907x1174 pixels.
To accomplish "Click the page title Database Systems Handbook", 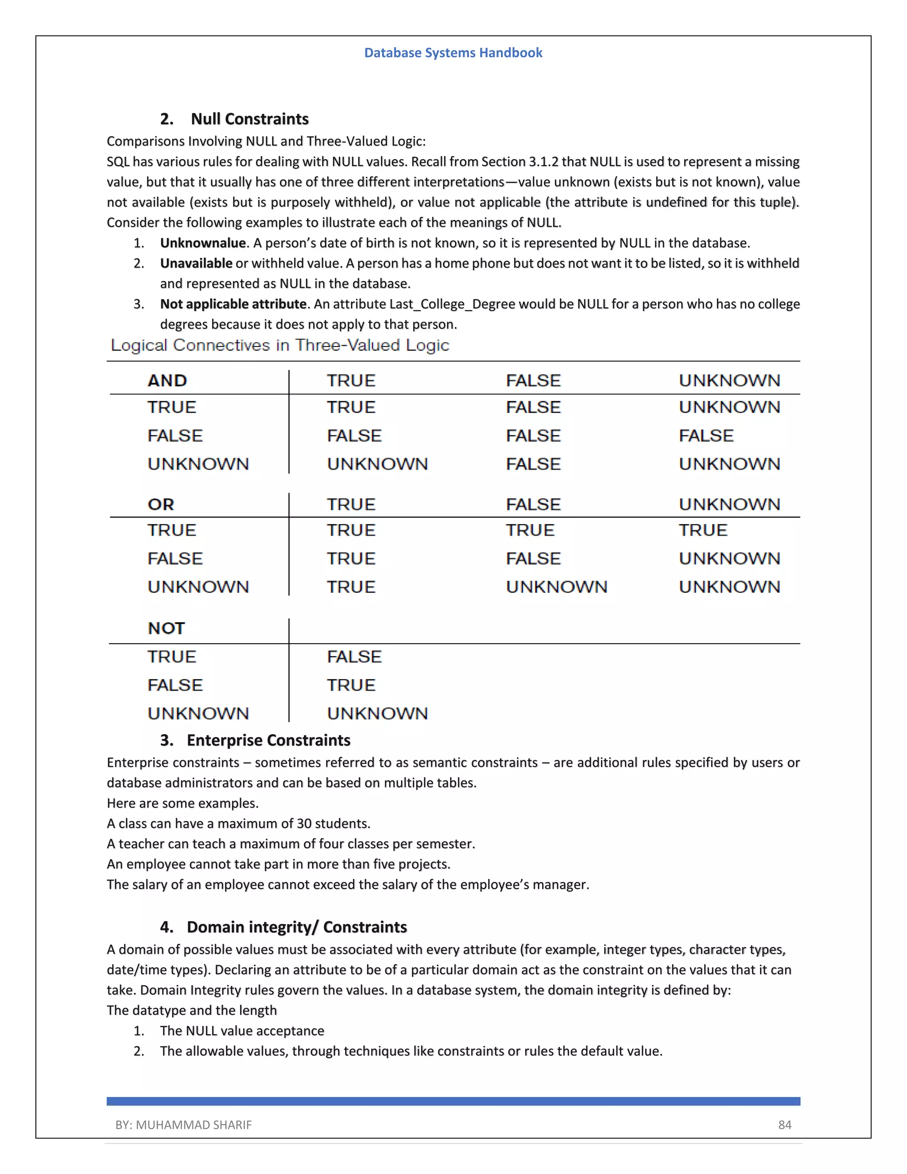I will click(453, 53).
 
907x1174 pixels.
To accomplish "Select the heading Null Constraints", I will click(249, 119).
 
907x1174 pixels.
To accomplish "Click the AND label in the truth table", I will click(167, 381).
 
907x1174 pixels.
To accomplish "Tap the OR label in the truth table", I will click(161, 504).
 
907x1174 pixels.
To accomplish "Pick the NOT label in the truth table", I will click(166, 628).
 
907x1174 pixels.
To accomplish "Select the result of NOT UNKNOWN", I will click(377, 713).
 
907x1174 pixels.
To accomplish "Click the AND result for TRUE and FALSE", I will click(533, 407).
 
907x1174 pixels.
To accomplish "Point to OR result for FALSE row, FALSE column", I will click(533, 559).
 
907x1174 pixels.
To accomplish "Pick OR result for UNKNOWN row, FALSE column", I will click(556, 587).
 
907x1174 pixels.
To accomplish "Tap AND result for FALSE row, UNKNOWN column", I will click(705, 435).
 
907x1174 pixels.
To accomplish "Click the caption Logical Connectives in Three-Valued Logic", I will click(279, 345).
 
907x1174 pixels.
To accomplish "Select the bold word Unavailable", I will click(196, 264).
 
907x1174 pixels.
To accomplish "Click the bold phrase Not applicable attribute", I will click(233, 304).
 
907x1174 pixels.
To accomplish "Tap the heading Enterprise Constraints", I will click(268, 740).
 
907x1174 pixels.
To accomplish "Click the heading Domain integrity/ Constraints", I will click(297, 927).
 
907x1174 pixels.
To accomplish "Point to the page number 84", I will click(784, 1124).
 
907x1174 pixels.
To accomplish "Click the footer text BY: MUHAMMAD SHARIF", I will click(183, 1124).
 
